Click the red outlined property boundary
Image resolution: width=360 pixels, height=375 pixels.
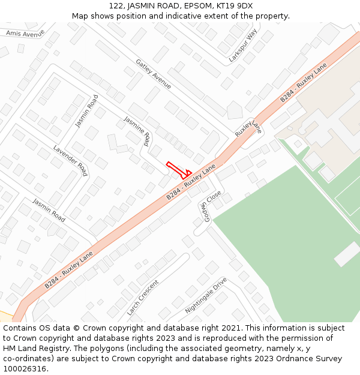click(x=179, y=170)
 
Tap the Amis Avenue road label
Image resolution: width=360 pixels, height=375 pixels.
click(x=25, y=34)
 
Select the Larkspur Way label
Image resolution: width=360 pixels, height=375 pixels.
click(x=243, y=45)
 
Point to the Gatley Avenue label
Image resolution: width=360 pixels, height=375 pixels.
click(x=154, y=74)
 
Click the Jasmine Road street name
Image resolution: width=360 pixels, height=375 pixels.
click(x=137, y=131)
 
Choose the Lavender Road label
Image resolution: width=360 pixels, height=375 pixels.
click(x=71, y=160)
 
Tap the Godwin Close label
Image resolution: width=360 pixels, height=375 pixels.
click(x=212, y=205)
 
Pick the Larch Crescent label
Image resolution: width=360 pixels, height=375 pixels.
click(x=143, y=298)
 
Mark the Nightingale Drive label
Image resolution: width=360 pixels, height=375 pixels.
click(x=206, y=296)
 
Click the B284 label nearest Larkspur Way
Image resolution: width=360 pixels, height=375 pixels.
click(x=303, y=82)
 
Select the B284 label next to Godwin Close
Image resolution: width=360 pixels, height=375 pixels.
click(x=191, y=184)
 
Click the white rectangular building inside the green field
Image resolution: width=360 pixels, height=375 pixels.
click(x=347, y=254)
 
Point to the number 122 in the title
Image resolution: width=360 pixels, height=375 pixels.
click(x=116, y=6)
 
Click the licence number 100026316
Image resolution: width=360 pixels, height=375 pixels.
click(x=23, y=369)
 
